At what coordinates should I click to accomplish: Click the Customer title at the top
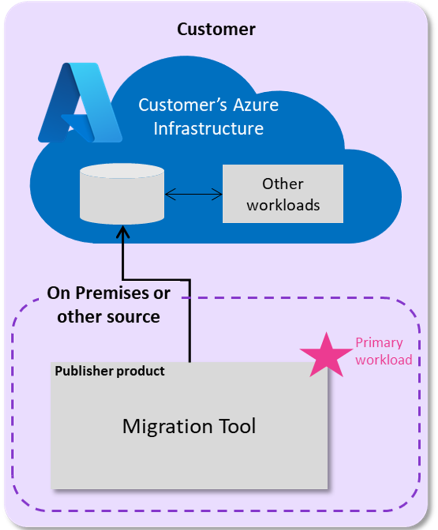[216, 29]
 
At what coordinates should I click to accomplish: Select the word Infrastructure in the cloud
[208, 128]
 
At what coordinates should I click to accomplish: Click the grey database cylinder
[122, 194]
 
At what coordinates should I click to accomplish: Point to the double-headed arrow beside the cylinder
[194, 195]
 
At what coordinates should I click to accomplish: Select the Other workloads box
[283, 194]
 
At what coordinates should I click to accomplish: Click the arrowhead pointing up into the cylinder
[122, 232]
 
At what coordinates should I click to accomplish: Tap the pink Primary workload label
[383, 351]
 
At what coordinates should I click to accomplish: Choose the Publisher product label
[109, 371]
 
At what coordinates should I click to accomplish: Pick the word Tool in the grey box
[233, 426]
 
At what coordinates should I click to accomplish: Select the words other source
[108, 317]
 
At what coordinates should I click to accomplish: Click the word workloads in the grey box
[283, 205]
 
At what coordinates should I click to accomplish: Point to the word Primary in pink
[379, 343]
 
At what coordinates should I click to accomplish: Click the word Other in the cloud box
[283, 184]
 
